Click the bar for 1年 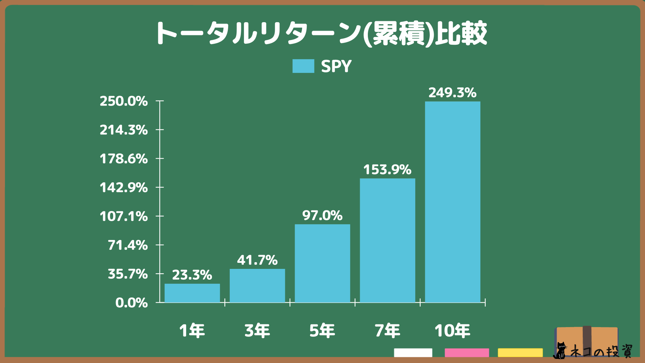pos(192,293)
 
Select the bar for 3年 pos(257,286)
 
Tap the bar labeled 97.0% pos(322,263)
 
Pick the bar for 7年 pos(387,240)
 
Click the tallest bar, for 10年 pos(453,202)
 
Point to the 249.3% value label pos(453,93)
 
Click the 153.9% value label pos(387,170)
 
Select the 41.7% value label pos(257,260)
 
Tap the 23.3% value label pos(192,275)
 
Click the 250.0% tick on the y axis pos(124,101)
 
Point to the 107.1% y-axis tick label pos(124,216)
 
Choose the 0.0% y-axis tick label pos(131,303)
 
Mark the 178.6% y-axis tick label pos(124,159)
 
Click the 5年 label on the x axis pos(322,330)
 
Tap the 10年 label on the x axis pos(452,330)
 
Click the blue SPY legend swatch pos(303,66)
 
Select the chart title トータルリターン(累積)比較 pos(321,34)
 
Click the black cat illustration pos(560,351)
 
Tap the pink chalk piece pos(467,353)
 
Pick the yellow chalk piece pos(520,353)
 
